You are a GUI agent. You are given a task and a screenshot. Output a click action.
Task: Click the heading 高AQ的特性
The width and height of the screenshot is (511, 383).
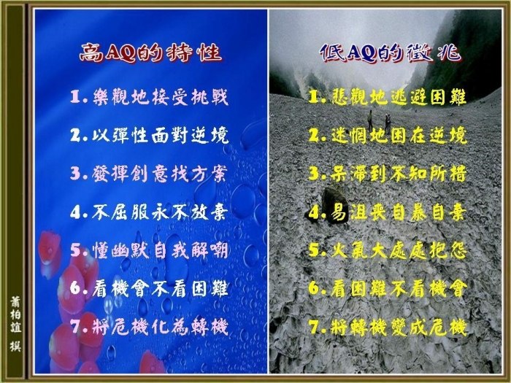[x=150, y=53]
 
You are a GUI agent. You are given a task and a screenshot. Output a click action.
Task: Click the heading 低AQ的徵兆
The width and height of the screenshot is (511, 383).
[x=390, y=53]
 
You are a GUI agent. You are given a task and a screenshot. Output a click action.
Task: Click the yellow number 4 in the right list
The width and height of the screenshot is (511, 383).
[x=314, y=213]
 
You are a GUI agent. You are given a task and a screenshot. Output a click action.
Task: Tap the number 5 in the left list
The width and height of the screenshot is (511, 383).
[x=76, y=251]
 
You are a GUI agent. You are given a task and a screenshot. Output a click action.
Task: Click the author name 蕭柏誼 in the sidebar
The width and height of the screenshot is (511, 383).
[x=15, y=314]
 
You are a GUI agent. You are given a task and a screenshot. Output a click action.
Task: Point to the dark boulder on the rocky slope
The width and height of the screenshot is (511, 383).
[x=334, y=205]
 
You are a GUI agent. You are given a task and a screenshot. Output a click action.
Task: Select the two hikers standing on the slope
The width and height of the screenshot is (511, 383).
[x=379, y=120]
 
